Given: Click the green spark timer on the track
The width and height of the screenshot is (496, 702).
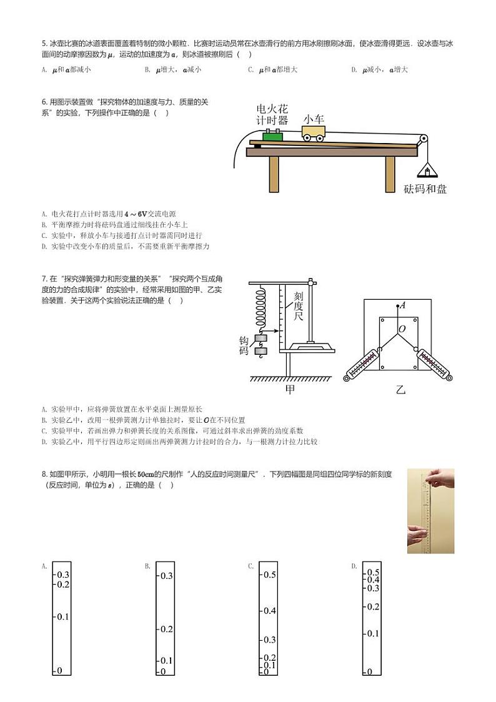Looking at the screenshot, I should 273,136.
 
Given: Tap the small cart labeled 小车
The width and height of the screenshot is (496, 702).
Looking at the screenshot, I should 314,133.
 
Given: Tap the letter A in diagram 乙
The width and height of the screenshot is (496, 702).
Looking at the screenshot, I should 403,305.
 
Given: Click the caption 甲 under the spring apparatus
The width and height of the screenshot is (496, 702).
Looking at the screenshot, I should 290,390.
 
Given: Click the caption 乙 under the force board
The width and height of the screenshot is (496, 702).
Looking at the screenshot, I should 400,390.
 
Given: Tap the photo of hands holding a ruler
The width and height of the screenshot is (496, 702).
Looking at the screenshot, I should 430,511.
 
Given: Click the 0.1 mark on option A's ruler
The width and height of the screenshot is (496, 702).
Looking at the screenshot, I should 62,617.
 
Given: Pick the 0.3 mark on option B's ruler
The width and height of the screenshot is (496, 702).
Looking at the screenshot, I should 166,576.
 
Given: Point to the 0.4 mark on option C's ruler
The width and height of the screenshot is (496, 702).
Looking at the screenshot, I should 269,610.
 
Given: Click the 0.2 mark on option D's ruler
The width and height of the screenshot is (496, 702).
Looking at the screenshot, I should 373,606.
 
